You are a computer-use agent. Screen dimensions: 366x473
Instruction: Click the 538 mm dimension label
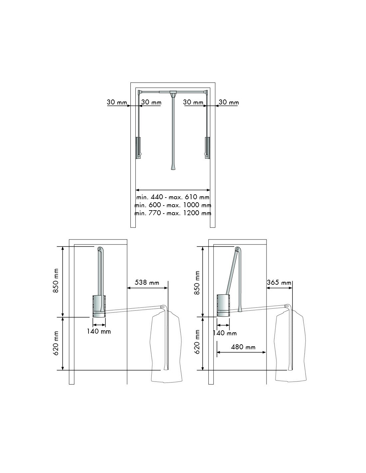147,282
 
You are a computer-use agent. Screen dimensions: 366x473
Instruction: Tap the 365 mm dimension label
279,282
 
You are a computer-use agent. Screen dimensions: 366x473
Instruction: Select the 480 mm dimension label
243,347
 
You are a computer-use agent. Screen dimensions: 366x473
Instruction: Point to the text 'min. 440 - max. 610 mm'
173,197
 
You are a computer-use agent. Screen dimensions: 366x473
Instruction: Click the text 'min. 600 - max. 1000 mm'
173,205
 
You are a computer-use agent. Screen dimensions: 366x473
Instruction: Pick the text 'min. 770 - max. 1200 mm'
173,213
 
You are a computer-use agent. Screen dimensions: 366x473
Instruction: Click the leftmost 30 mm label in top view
117,102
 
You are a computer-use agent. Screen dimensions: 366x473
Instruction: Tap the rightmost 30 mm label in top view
229,102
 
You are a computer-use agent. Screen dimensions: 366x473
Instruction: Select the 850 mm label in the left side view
56,281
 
